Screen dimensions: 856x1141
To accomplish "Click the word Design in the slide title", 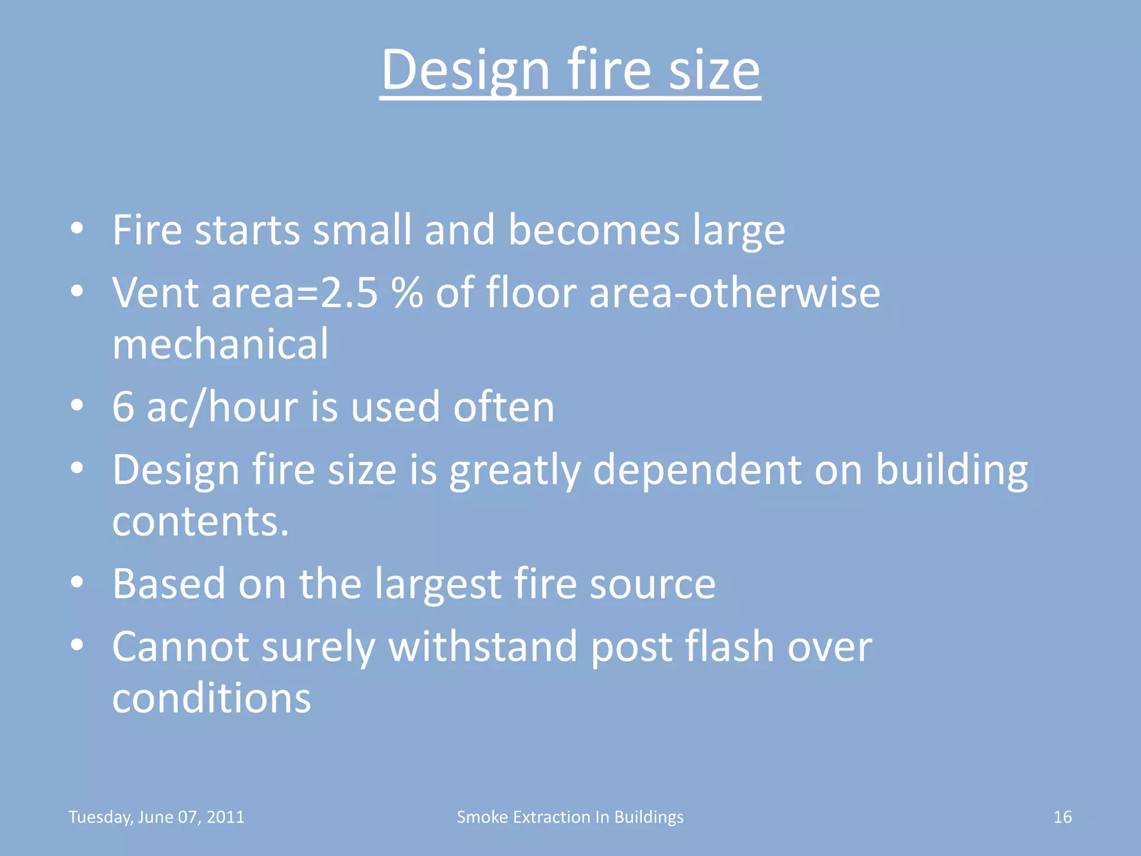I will [x=466, y=70].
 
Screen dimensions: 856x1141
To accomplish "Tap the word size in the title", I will [x=714, y=70].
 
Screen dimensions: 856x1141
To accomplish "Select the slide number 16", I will [x=1062, y=817].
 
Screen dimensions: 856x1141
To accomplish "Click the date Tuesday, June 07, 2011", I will [x=157, y=817].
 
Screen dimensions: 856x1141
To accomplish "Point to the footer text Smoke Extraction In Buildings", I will [x=570, y=817].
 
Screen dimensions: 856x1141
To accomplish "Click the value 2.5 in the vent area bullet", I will [x=349, y=293].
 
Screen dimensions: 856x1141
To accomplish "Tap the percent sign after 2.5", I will [x=407, y=293].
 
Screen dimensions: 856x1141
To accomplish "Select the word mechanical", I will [x=221, y=344].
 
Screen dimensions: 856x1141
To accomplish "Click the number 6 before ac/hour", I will [x=123, y=406].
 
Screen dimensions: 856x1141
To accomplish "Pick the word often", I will [x=504, y=406].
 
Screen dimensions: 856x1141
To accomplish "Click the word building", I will [x=952, y=470].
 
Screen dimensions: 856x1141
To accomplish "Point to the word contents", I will [x=201, y=521].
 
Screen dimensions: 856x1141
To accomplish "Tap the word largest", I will [x=437, y=584].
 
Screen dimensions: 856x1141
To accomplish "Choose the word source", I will [x=652, y=584].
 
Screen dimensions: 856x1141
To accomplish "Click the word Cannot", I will [x=181, y=646].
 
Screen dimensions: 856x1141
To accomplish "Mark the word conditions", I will [x=212, y=698].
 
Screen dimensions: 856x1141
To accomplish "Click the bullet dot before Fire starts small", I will [x=77, y=228].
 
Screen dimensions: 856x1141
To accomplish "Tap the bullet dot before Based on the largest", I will [x=77, y=582].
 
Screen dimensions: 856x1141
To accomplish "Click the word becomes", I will [x=594, y=230].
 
